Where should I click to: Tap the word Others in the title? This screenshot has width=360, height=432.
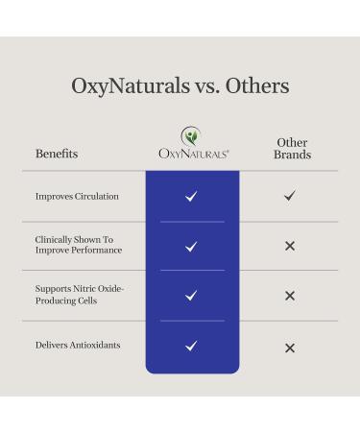tap(256, 85)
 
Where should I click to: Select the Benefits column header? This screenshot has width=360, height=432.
tap(57, 154)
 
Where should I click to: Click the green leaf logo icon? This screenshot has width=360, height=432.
tap(191, 135)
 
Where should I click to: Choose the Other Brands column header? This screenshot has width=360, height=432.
tap(292, 149)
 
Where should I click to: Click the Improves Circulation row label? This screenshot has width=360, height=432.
tap(77, 197)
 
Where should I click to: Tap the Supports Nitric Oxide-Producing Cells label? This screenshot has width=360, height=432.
tap(81, 296)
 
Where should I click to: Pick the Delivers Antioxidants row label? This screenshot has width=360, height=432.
tap(78, 346)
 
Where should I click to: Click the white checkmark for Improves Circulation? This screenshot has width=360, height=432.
tap(191, 197)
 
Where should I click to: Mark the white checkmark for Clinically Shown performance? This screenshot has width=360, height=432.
tap(191, 247)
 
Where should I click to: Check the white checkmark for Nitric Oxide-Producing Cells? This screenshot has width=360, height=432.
tap(191, 296)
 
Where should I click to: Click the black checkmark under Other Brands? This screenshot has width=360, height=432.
tap(290, 196)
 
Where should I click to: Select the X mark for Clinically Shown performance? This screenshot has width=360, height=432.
tap(290, 247)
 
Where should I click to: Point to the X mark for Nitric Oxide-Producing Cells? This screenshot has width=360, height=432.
tap(290, 296)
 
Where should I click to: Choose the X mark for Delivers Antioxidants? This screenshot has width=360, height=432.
tap(290, 348)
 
